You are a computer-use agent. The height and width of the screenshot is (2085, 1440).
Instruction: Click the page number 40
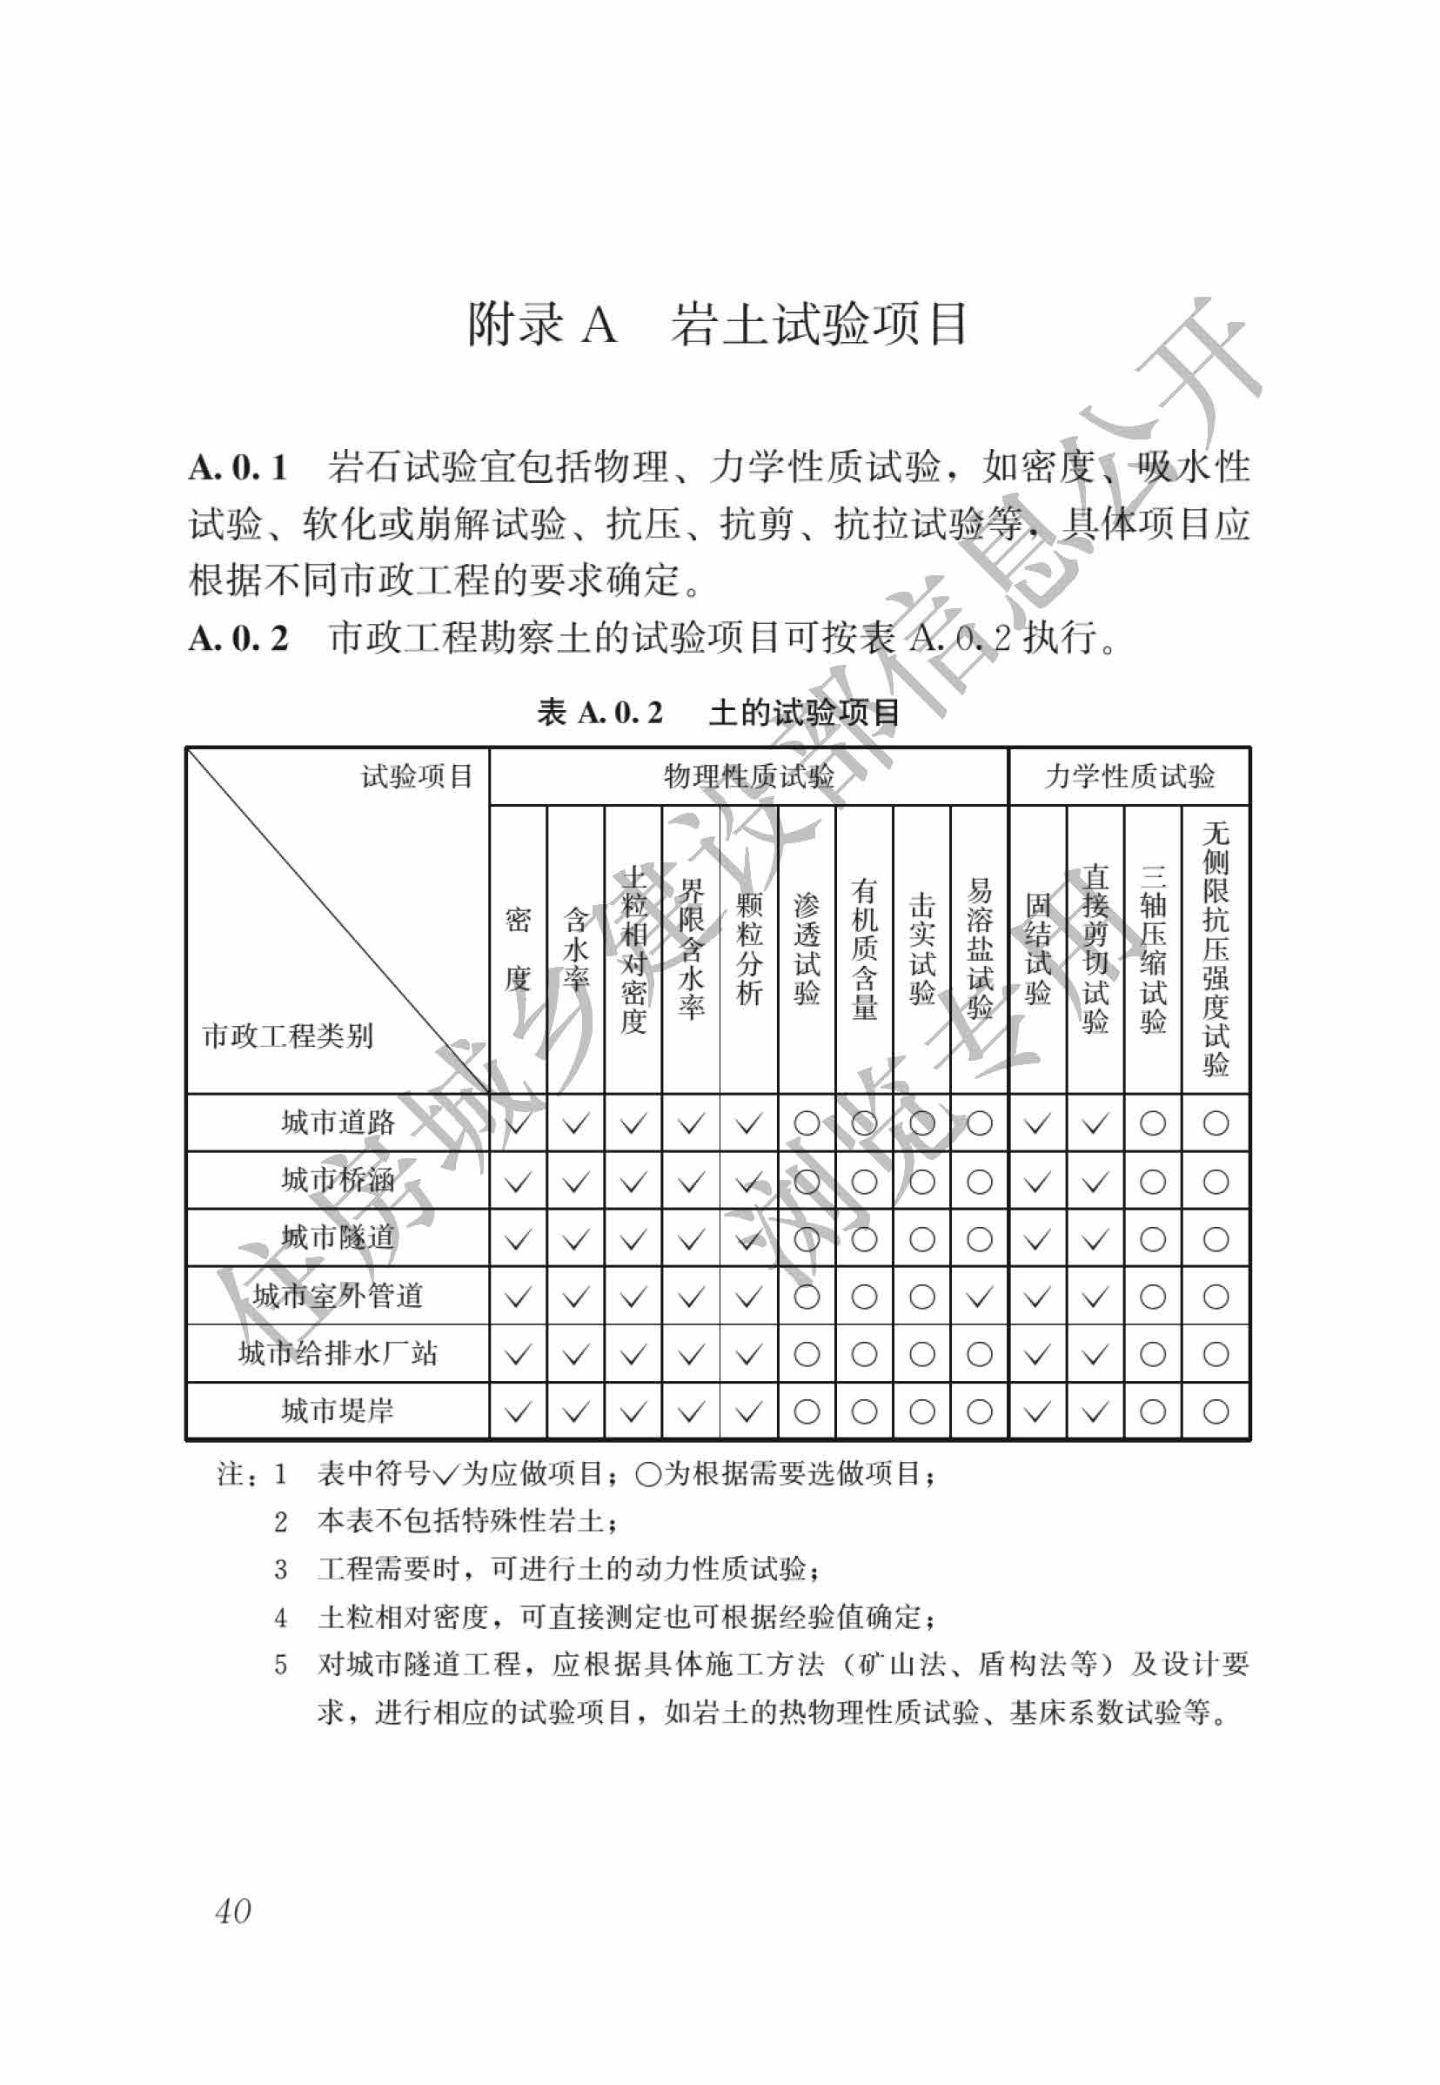tap(233, 1910)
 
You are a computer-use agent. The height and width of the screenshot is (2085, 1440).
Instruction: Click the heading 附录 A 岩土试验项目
tap(717, 324)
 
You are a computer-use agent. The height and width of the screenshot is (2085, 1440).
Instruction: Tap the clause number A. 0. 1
tap(238, 467)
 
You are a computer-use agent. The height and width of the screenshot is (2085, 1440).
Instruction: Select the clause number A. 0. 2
tap(238, 639)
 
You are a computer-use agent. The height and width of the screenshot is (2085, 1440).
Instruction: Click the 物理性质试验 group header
tap(748, 776)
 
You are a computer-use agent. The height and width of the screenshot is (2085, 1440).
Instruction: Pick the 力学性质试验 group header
tap(1129, 776)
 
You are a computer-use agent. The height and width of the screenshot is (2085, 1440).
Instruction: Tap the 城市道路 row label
tap(338, 1123)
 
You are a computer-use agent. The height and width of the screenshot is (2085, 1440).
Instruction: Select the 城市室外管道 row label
tap(338, 1296)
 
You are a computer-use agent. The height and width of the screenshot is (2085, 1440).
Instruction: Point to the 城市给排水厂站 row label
tap(338, 1353)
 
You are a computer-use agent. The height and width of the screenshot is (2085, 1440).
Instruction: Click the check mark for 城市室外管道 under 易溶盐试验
tap(979, 1297)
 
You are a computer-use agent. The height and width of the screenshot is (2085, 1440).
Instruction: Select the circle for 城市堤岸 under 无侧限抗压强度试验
tap(1216, 1411)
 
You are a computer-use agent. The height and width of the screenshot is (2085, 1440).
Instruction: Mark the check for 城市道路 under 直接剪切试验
tap(1095, 1123)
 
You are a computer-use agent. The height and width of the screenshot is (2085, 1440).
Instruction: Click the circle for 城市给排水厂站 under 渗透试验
tap(807, 1354)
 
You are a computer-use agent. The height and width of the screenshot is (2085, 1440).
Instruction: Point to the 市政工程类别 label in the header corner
tap(288, 1036)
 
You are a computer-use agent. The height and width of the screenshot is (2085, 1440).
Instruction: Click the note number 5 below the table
tap(280, 1665)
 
